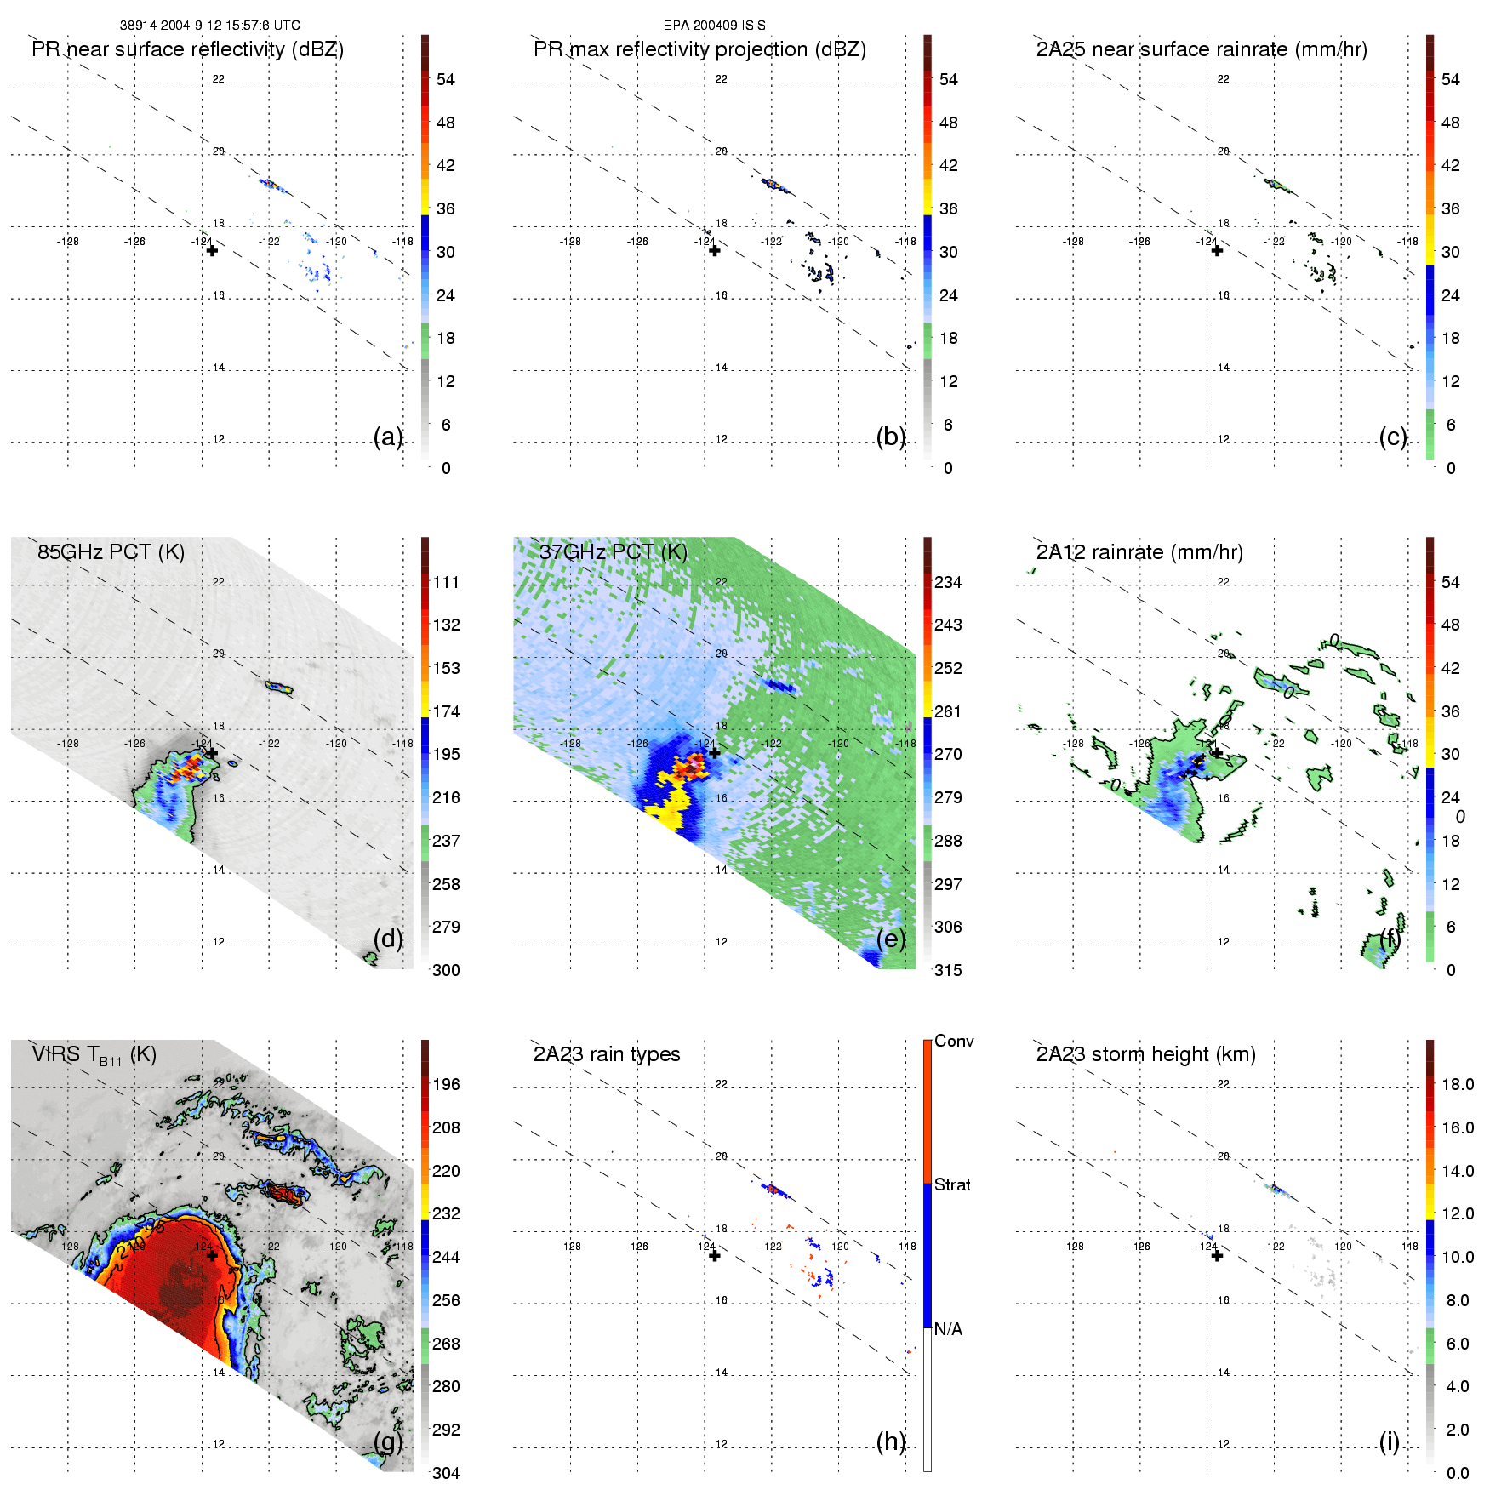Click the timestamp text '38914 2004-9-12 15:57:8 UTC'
click(x=209, y=26)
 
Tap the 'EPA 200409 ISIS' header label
click(x=714, y=26)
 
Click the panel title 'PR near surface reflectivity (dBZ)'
click(x=187, y=49)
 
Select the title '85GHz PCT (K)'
click(x=111, y=551)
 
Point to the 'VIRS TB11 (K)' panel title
click(x=94, y=1055)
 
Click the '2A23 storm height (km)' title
click(x=1145, y=1054)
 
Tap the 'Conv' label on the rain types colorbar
click(x=953, y=1041)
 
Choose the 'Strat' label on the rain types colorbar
click(x=952, y=1184)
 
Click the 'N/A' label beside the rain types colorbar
click(x=948, y=1329)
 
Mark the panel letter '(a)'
click(x=388, y=437)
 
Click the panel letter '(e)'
click(x=891, y=939)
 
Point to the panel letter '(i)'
click(x=1389, y=1441)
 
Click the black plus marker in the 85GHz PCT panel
click(x=212, y=753)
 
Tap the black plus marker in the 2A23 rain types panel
click(x=715, y=1255)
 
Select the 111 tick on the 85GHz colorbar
click(x=446, y=582)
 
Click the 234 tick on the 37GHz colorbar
click(x=948, y=582)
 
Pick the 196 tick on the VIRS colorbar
click(x=446, y=1084)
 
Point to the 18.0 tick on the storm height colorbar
click(x=1458, y=1084)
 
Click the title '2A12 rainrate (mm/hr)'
click(x=1139, y=552)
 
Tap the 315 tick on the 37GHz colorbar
click(x=948, y=970)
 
